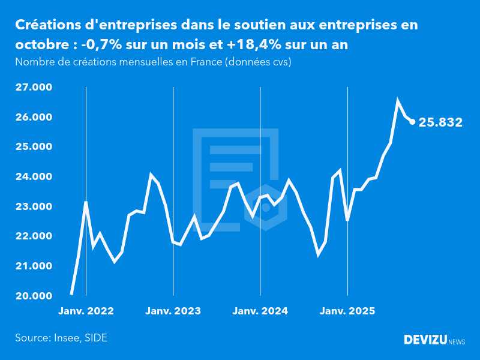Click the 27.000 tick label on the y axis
(x=34, y=88)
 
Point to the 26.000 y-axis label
(x=34, y=117)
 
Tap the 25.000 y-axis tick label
(x=34, y=147)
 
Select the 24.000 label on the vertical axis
(x=34, y=177)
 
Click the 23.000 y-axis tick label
(x=34, y=206)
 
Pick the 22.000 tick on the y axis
(x=34, y=236)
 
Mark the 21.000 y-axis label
(x=34, y=266)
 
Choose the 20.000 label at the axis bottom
(x=34, y=296)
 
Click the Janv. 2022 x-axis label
(x=86, y=311)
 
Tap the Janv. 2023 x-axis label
(x=173, y=311)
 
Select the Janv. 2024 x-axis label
(x=260, y=311)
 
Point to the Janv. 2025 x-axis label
(x=347, y=311)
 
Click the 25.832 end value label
(x=440, y=122)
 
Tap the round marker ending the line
(x=412, y=122)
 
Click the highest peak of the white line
(x=397, y=101)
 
